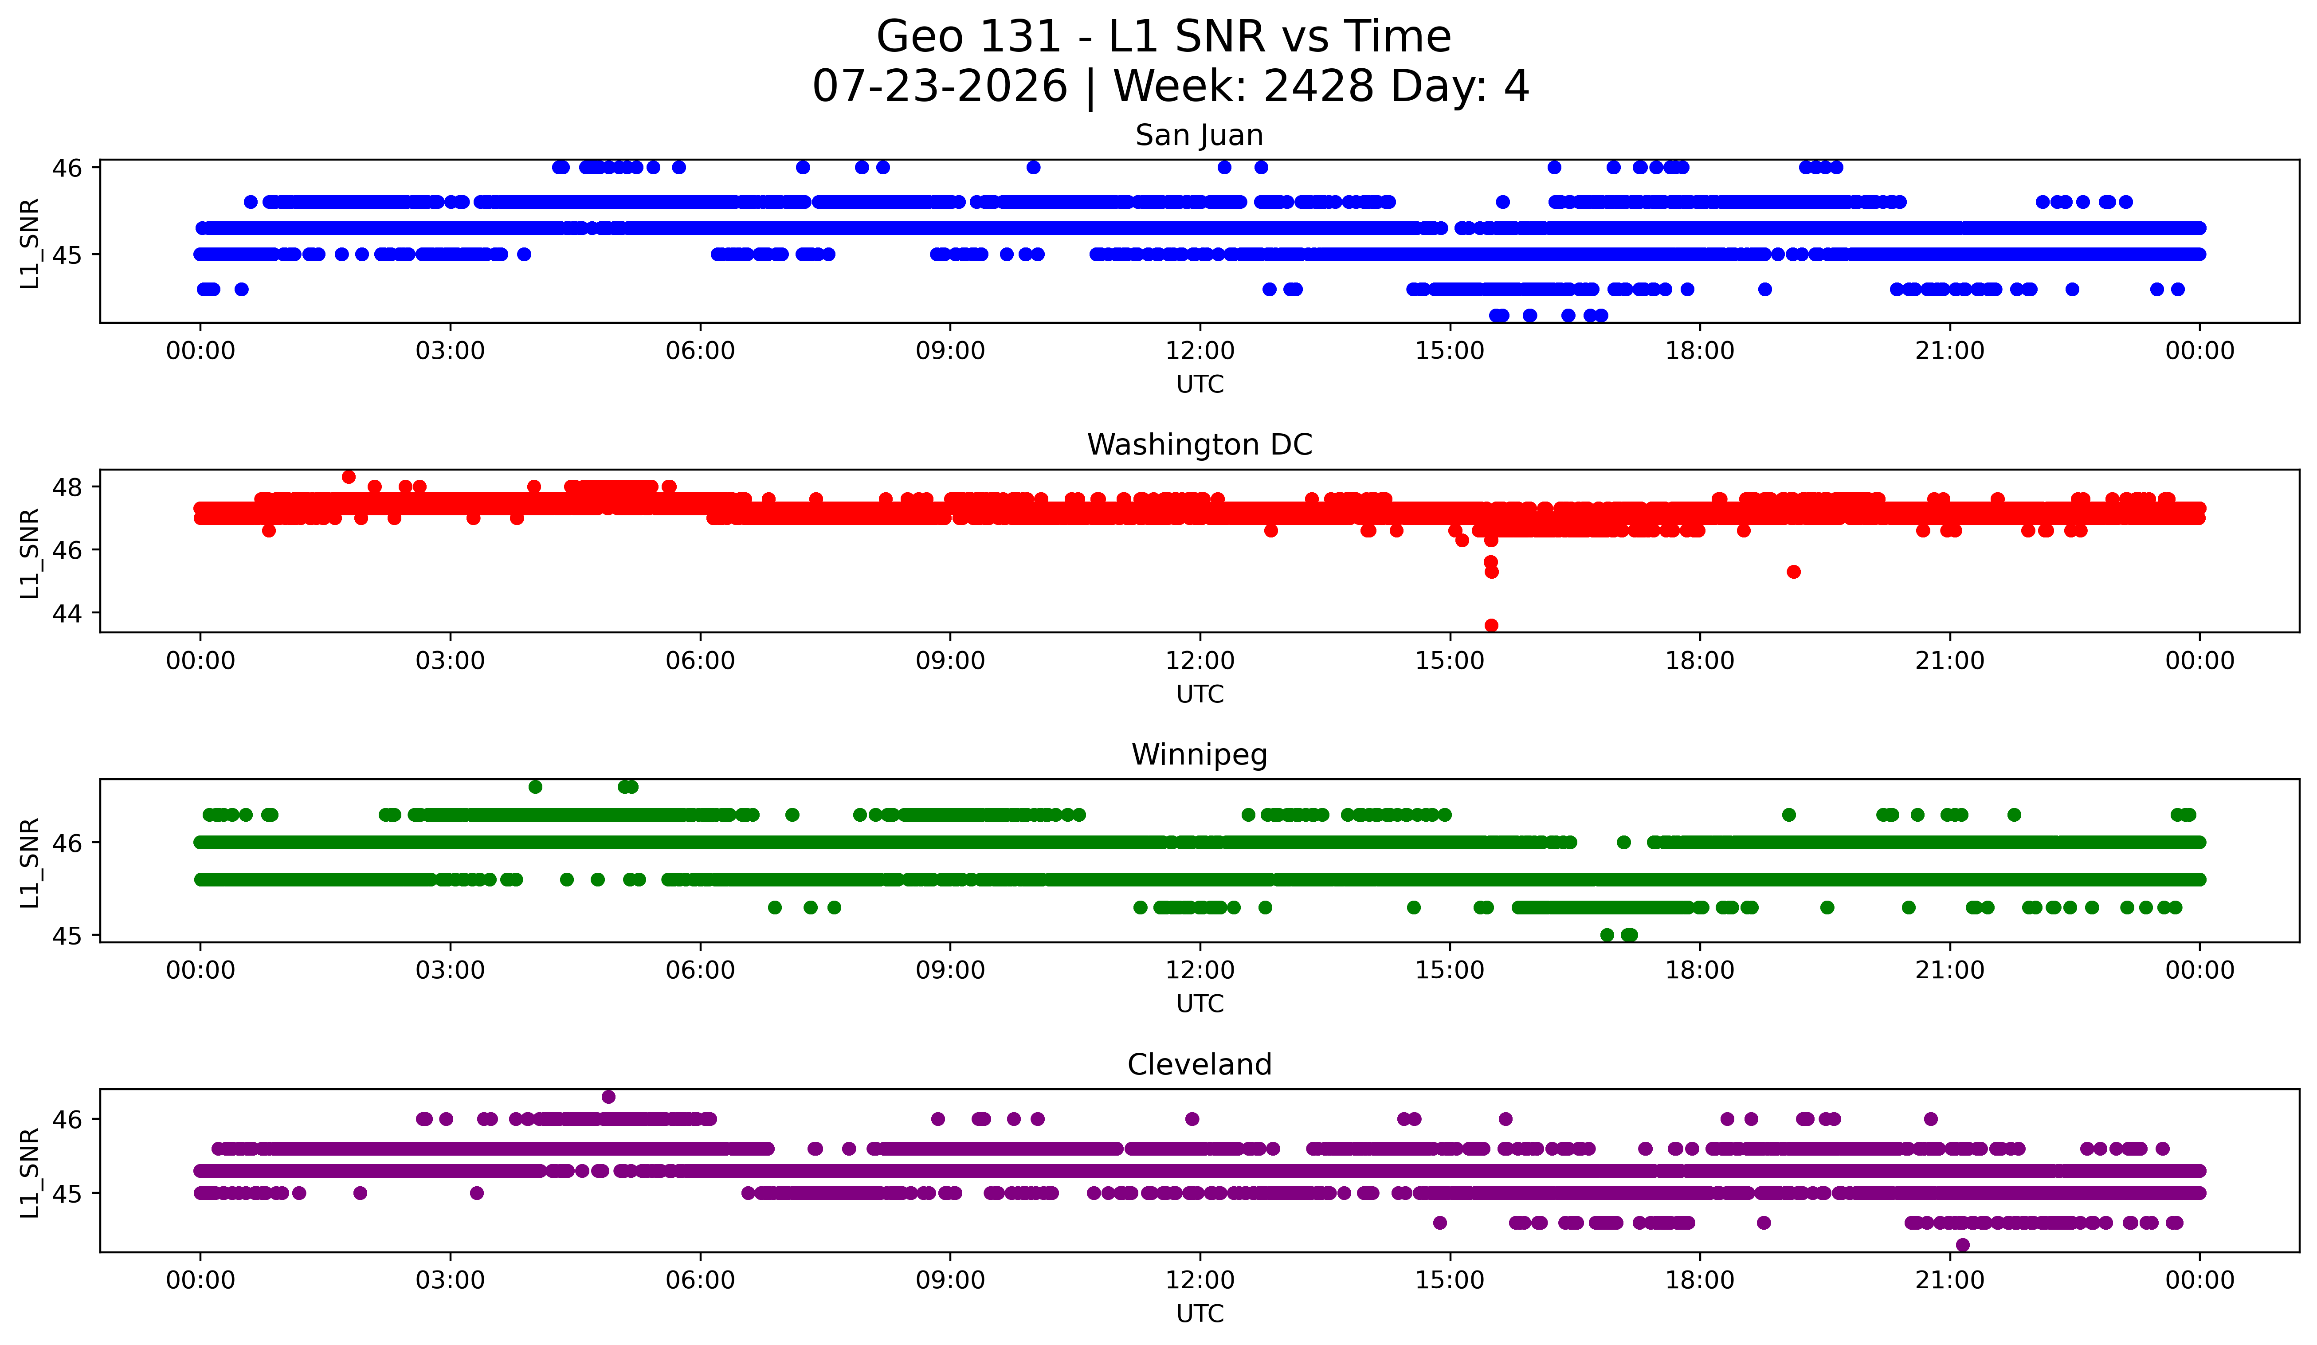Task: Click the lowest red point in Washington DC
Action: pyautogui.click(x=1491, y=625)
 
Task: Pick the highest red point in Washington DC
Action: pyautogui.click(x=349, y=476)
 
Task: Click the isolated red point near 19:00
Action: pyautogui.click(x=1793, y=572)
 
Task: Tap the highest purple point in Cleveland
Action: pyautogui.click(x=609, y=1097)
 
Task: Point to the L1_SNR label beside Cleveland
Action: pyautogui.click(x=29, y=1172)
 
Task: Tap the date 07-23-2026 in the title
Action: pyautogui.click(x=940, y=86)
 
